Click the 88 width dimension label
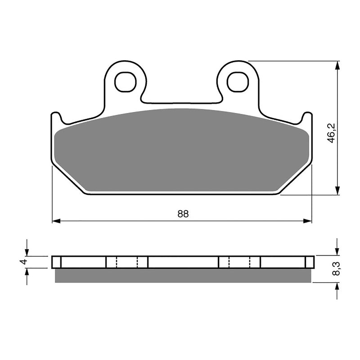[183, 214]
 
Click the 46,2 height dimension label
[332, 135]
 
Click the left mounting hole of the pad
[125, 81]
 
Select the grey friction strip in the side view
[182, 275]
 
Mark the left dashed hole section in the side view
[127, 262]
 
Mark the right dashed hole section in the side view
[239, 262]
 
